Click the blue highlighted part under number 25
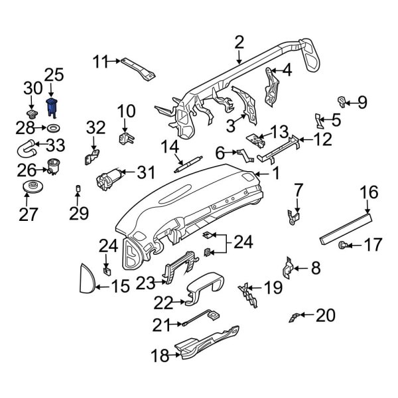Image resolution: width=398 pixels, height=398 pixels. click(x=52, y=106)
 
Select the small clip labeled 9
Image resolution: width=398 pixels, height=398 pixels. click(x=342, y=101)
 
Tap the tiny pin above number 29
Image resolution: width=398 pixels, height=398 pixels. click(x=77, y=188)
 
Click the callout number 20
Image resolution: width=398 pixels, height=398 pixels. click(x=326, y=315)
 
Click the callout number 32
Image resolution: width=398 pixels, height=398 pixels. click(x=96, y=127)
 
